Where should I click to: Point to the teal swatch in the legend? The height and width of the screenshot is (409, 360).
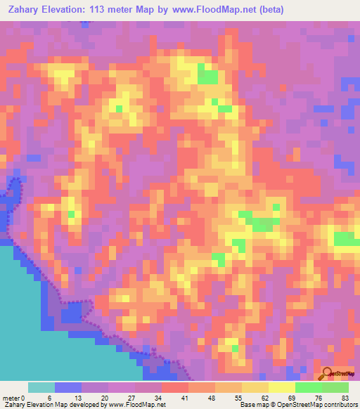(x=41, y=387)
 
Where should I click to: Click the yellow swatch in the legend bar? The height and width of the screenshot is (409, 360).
(x=281, y=387)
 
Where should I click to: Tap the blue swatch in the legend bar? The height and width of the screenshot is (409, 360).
(x=68, y=387)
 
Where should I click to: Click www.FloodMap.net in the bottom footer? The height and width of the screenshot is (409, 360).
(x=137, y=404)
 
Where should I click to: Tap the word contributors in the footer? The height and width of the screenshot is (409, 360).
(x=339, y=404)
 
